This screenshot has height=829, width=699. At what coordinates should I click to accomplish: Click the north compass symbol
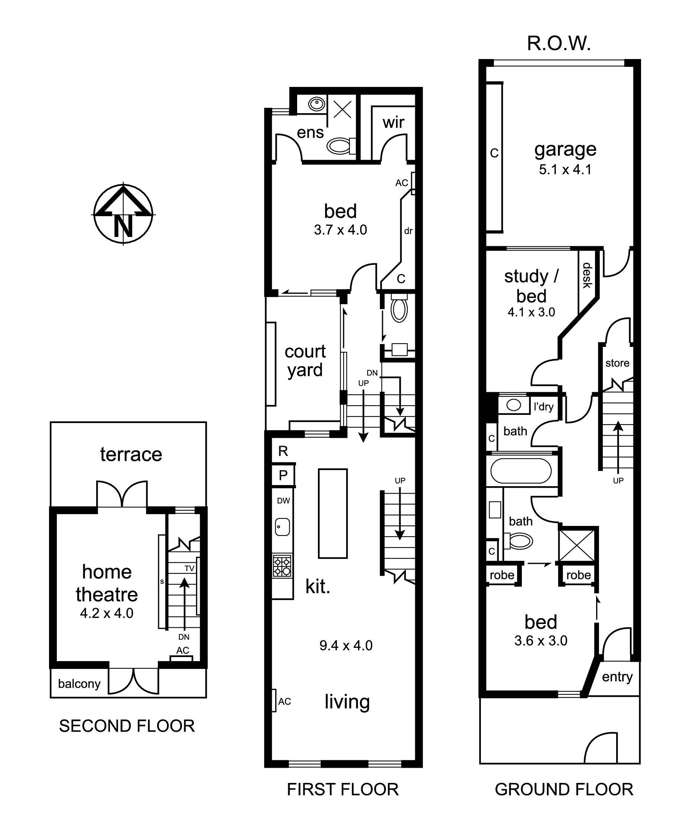coord(123,214)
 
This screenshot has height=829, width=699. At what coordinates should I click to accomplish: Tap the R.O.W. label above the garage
coord(559,43)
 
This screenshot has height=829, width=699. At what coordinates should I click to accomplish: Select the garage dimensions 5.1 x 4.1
coord(565,170)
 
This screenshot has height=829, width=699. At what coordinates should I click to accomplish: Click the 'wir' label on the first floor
coord(393,123)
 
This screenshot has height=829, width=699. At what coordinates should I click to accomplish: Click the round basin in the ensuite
coord(316,104)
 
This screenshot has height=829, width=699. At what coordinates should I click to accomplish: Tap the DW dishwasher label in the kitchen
coord(283,501)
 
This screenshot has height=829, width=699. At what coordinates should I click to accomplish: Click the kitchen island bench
coord(333,514)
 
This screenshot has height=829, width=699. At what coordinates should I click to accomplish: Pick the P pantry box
coord(283,475)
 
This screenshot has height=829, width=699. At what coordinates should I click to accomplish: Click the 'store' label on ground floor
coord(617,363)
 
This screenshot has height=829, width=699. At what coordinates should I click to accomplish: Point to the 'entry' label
coord(617,676)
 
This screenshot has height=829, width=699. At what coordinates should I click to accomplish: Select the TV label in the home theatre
coord(189,568)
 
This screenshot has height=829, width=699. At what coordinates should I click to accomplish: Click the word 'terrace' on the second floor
coord(131,455)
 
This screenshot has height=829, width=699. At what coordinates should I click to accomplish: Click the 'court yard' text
coord(305,361)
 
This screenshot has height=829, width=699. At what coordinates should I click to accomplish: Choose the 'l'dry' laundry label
coord(544,407)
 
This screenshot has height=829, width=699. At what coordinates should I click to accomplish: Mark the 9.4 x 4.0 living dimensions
coord(346,646)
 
